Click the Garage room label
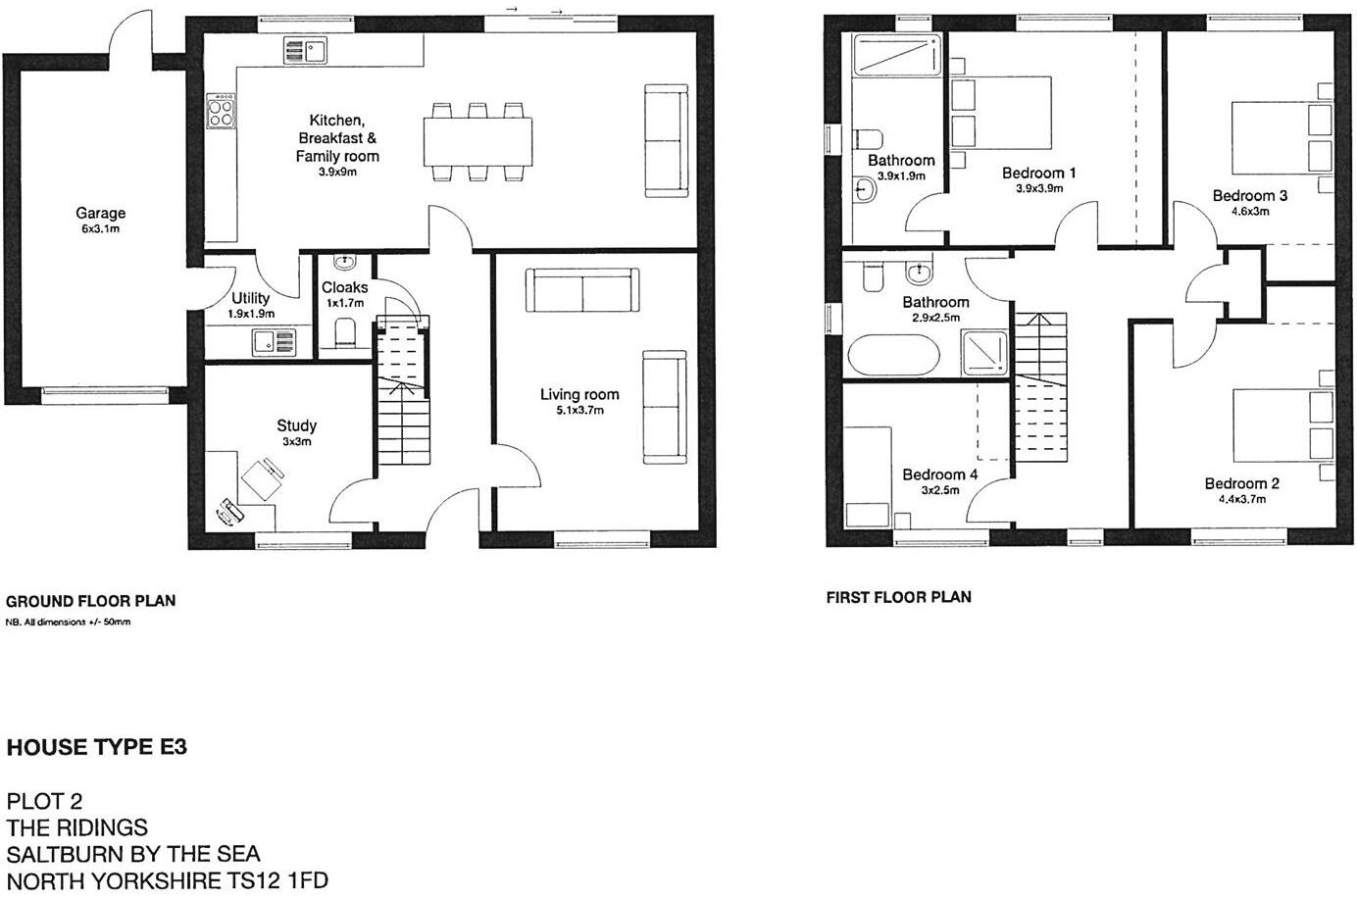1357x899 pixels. tap(101, 213)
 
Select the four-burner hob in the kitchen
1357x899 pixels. tap(222, 110)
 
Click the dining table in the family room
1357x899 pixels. tap(479, 142)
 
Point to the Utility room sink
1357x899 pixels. tap(273, 341)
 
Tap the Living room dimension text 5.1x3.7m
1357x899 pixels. tap(579, 410)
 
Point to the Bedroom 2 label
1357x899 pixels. tap(1241, 483)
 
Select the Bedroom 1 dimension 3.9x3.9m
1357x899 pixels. tap(1039, 188)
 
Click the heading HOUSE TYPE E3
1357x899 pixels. tap(97, 748)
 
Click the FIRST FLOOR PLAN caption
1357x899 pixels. tap(898, 596)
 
